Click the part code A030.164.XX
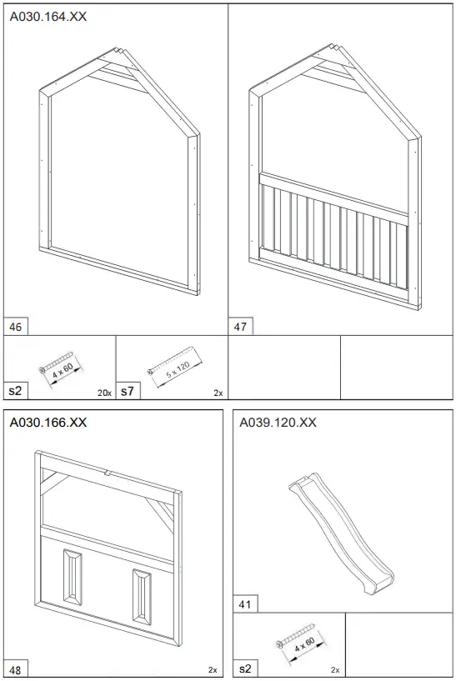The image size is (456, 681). click(x=48, y=17)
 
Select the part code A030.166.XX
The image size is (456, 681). click(x=48, y=422)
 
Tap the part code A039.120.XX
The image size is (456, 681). click(x=278, y=422)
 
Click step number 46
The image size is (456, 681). click(x=15, y=327)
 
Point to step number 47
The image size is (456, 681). click(x=240, y=327)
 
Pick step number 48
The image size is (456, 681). click(x=15, y=670)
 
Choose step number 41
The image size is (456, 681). click(x=244, y=604)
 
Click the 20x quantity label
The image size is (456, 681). click(x=104, y=393)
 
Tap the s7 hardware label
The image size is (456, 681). click(x=128, y=391)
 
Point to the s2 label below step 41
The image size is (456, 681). click(x=245, y=668)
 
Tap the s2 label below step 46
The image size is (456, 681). click(x=15, y=391)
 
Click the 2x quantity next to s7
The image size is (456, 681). click(x=218, y=393)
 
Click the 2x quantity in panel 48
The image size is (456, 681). click(x=213, y=670)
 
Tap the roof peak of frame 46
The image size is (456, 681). click(x=117, y=48)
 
